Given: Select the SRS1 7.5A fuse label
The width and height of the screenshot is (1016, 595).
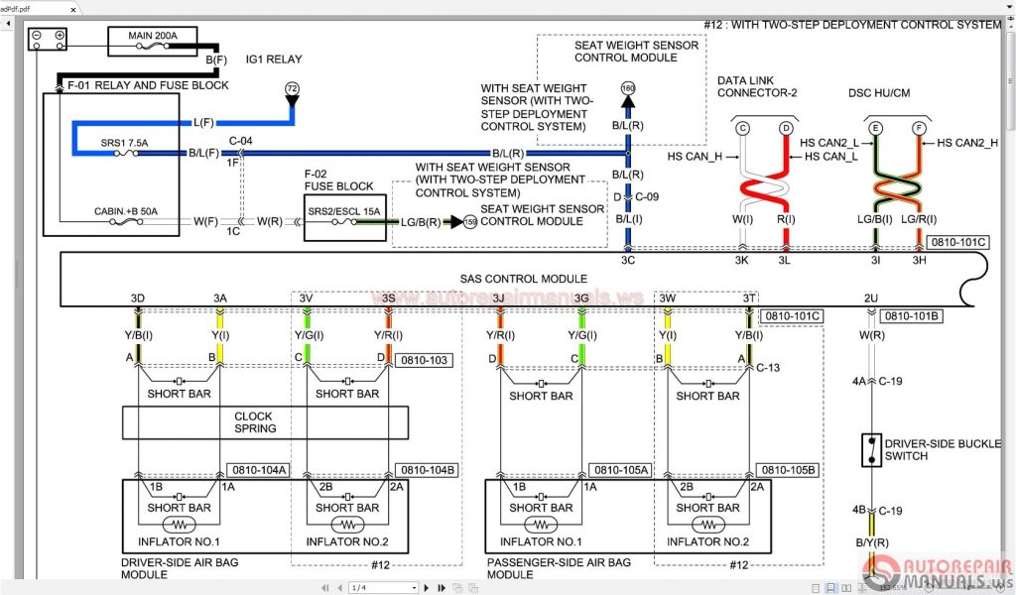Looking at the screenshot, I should pos(124,143).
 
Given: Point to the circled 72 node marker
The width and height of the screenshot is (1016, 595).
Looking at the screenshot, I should pos(292,89).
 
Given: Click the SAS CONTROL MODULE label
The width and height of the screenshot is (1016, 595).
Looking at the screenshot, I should pos(523,279).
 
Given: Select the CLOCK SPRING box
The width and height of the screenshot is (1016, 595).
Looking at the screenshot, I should pos(253,422).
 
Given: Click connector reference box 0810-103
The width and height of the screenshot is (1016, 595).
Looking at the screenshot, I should pos(424,360).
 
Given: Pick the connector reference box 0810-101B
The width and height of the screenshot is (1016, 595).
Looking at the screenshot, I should pos(912,316).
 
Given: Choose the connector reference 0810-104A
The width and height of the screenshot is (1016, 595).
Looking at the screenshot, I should pos(258,470).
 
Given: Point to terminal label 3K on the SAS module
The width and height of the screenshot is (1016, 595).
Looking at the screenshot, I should pos(741,260).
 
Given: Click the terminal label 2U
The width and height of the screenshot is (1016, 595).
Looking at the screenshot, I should pos(870,297).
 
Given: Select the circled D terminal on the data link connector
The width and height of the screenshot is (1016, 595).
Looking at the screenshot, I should pos(786,128).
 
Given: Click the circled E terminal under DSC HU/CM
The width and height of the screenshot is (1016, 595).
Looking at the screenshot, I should pos(874,128).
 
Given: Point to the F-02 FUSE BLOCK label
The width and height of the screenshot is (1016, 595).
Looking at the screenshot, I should pos(338,179).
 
